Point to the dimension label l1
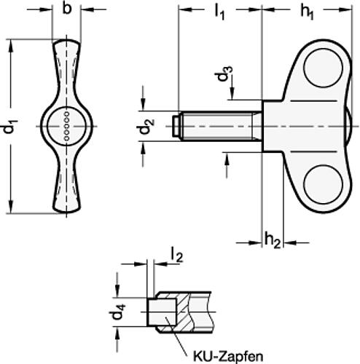219,13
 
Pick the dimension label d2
146,127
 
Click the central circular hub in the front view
66,127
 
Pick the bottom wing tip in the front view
66,207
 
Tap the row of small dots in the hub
67,127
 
